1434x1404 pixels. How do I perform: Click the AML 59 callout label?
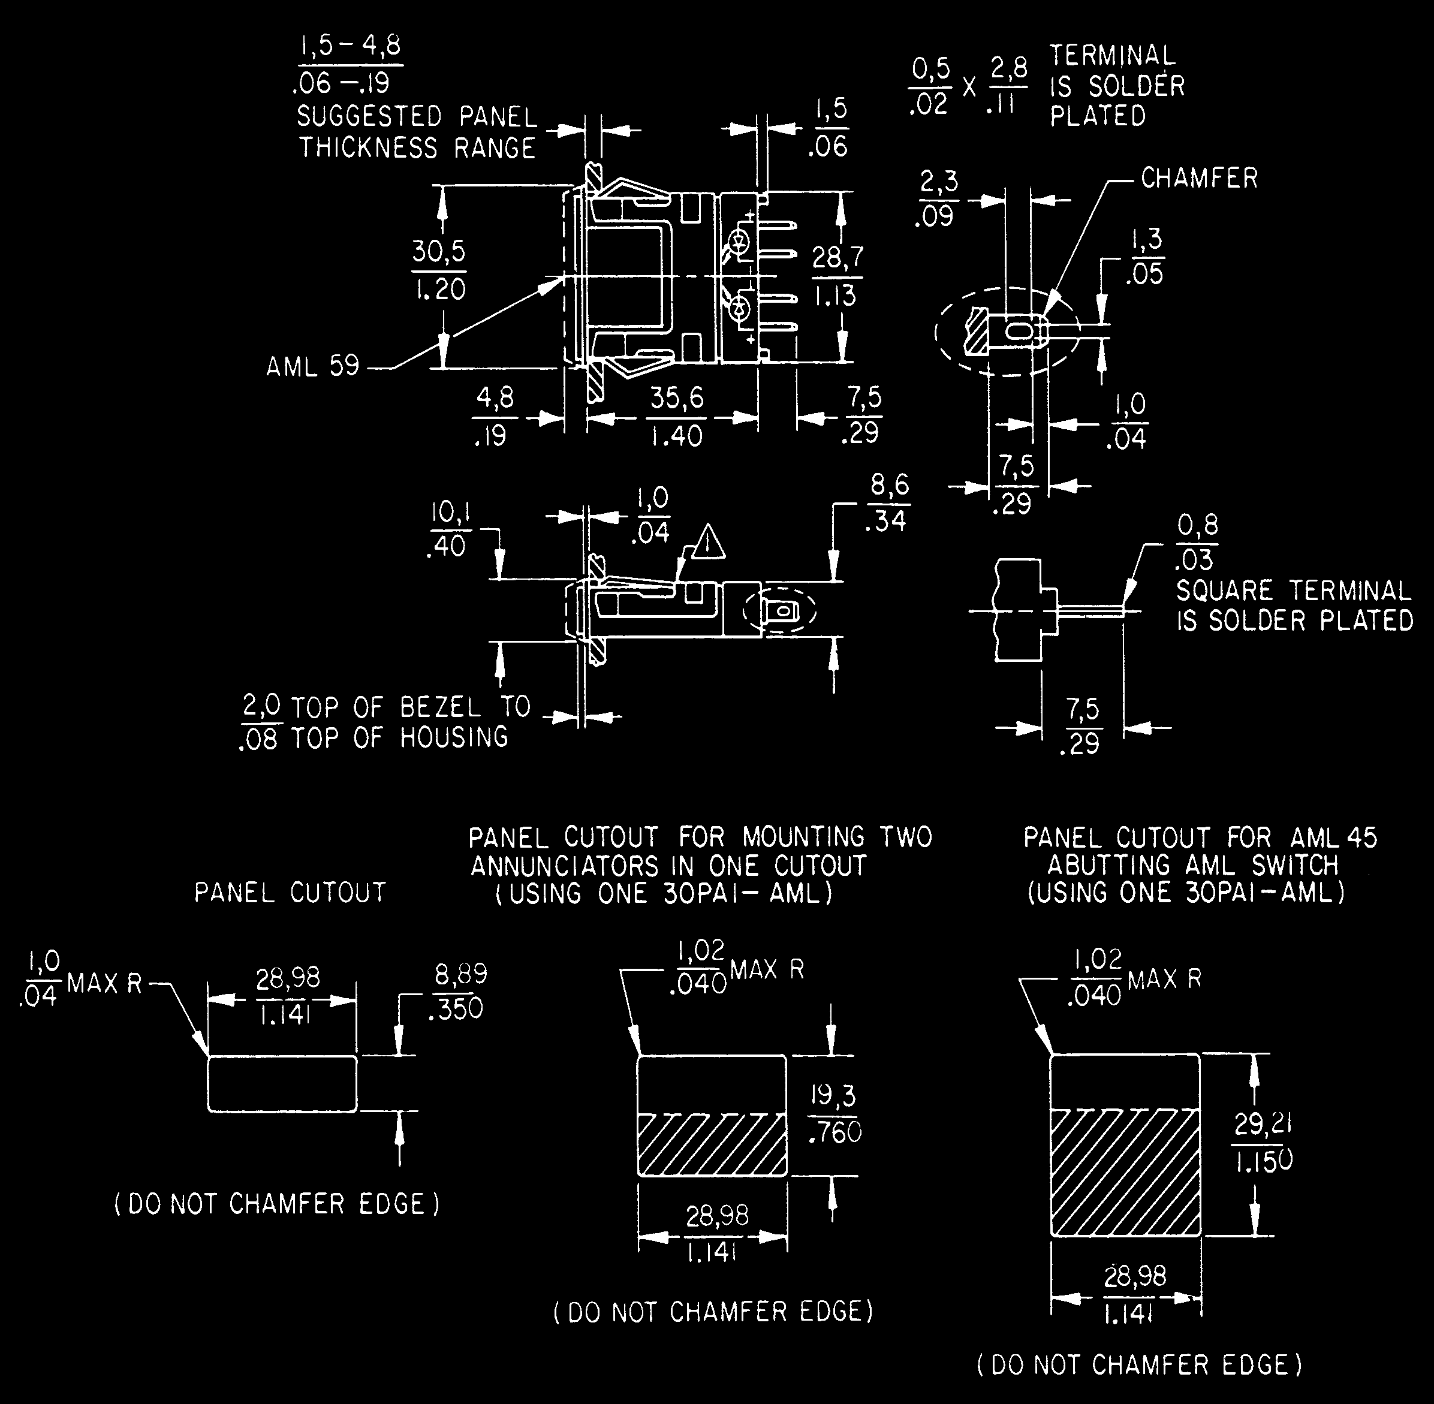point(312,366)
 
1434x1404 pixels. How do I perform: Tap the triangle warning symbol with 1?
point(707,544)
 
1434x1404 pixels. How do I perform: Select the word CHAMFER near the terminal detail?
point(1199,177)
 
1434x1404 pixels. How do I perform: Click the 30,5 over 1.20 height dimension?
point(439,270)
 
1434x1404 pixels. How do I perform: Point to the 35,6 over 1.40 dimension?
point(677,417)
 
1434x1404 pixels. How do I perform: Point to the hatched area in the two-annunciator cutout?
point(712,1144)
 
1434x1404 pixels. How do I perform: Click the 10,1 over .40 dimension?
point(450,529)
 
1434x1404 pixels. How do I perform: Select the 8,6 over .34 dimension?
point(889,503)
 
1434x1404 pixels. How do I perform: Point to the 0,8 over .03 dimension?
point(1197,543)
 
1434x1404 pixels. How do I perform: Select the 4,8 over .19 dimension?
point(495,417)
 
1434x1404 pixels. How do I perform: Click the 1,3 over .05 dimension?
point(1145,256)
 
